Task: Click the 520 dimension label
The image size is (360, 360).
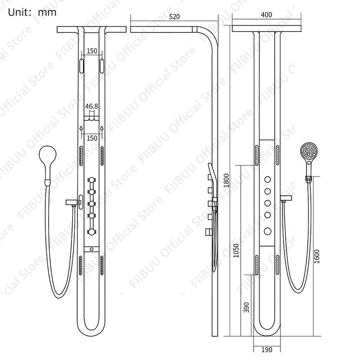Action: coord(174,17)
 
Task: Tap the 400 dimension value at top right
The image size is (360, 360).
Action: coord(266,15)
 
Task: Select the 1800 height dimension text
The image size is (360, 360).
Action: coord(227,180)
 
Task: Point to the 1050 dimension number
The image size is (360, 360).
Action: coord(236,251)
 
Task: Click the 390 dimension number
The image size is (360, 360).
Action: coord(247,307)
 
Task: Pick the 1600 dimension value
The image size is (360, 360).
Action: coord(317,256)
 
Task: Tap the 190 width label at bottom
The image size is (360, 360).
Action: coord(267,350)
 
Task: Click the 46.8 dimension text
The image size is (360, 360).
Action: coord(92,106)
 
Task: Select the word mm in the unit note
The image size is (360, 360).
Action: coord(47,13)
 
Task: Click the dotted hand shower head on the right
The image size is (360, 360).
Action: coord(309,151)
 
